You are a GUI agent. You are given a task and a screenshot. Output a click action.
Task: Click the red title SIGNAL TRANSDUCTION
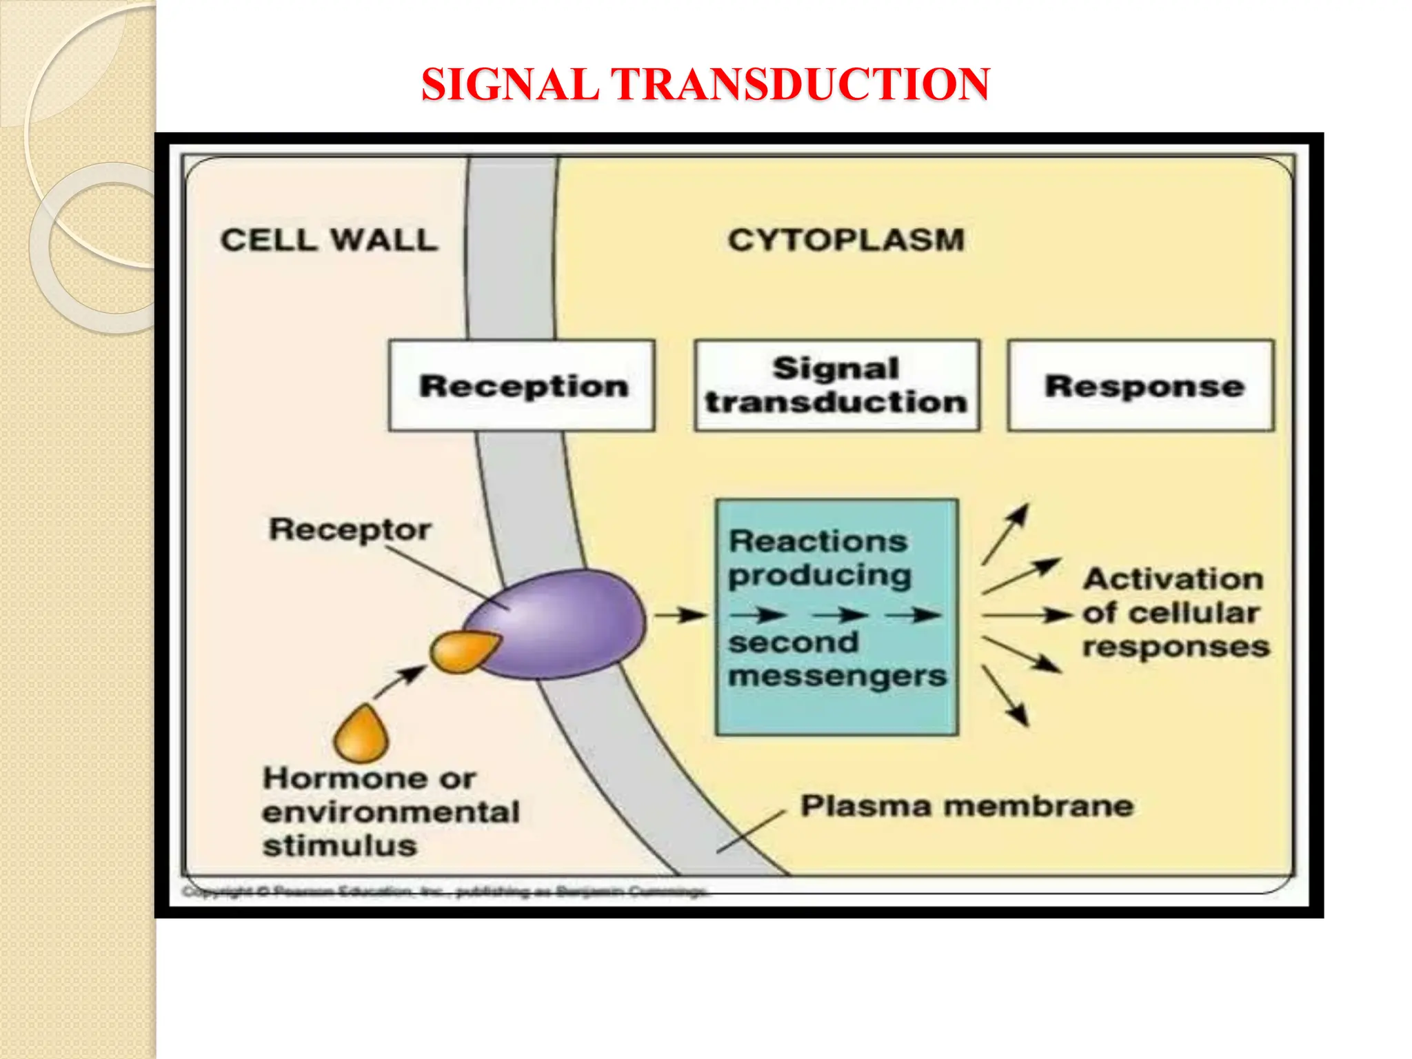pos(705,84)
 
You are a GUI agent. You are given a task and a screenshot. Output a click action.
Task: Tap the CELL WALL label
pos(329,240)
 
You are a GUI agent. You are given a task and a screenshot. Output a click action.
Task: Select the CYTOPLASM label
pos(846,240)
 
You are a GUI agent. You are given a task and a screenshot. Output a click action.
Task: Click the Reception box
pos(522,386)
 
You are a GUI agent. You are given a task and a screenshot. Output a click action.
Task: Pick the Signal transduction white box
pos(836,386)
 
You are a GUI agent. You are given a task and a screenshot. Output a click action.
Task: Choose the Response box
pos(1141,386)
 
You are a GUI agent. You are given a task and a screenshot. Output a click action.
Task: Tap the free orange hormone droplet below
pos(361,734)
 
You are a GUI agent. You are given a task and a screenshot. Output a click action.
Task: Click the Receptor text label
pos(350,529)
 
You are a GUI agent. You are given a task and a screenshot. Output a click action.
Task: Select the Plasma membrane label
pos(967,805)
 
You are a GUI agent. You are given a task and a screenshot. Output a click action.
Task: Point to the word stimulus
pos(340,846)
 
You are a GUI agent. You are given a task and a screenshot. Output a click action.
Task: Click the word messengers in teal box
pos(837,676)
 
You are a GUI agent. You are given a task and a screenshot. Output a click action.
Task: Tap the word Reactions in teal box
pos(818,541)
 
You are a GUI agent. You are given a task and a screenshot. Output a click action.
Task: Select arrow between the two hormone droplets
pos(400,682)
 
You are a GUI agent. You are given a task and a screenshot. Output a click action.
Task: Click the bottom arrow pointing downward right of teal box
pos(1005,695)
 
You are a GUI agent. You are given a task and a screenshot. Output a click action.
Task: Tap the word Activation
pos(1173,578)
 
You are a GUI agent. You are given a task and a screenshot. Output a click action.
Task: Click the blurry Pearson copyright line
pos(445,892)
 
